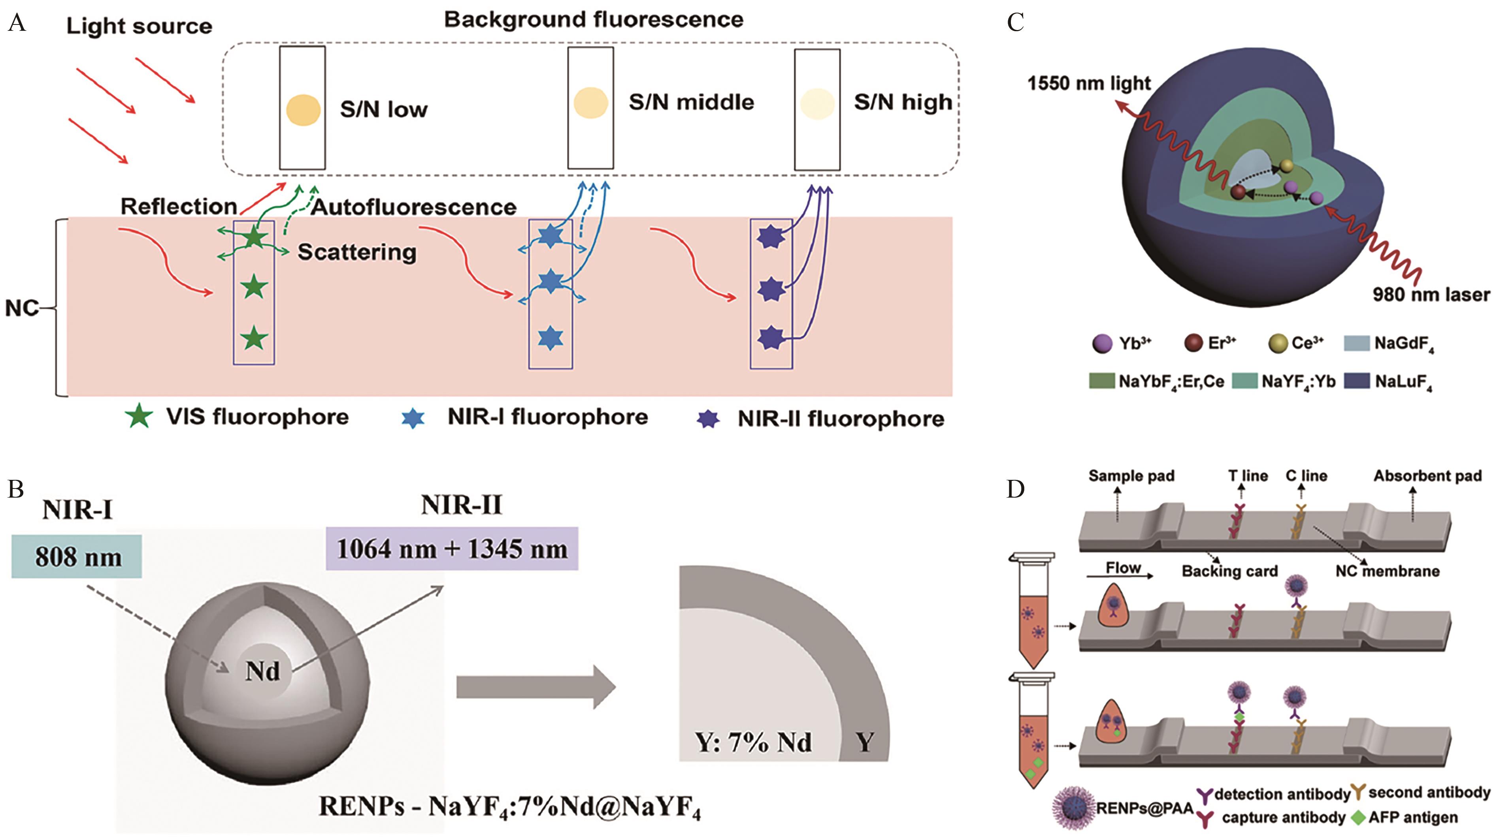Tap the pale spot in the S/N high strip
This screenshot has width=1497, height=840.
[x=817, y=104]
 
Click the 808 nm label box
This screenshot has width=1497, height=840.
[x=77, y=556]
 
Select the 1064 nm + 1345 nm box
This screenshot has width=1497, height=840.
[x=452, y=549]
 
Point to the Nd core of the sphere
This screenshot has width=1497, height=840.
[x=263, y=671]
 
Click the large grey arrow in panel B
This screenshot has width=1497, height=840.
[x=535, y=687]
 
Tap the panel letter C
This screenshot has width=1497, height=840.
[x=1015, y=23]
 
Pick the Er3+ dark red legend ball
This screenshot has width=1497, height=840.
[x=1193, y=343]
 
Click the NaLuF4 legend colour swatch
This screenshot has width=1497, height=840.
[x=1357, y=381]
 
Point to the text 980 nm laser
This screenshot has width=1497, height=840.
[x=1431, y=295]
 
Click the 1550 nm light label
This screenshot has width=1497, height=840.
[x=1088, y=83]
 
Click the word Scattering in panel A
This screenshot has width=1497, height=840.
[x=357, y=252]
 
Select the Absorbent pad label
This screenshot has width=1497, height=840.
[x=1427, y=476]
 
